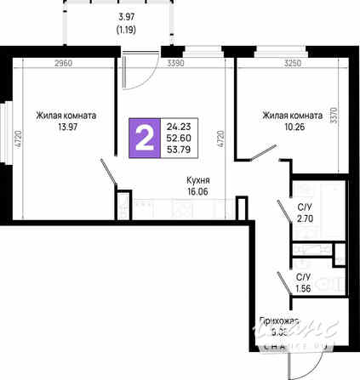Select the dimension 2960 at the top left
[x=61, y=63]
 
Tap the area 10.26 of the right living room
[x=293, y=128]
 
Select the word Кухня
[x=199, y=179]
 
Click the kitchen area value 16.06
[x=198, y=192]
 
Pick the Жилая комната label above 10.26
[x=293, y=116]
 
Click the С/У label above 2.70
[x=304, y=207]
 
